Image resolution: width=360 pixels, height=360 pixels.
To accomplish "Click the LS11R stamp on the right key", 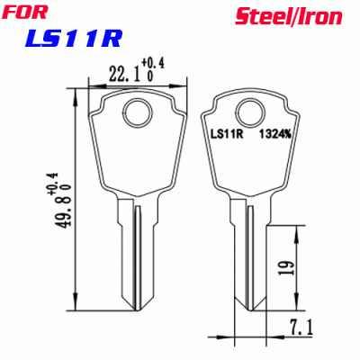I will pos(228,136).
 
